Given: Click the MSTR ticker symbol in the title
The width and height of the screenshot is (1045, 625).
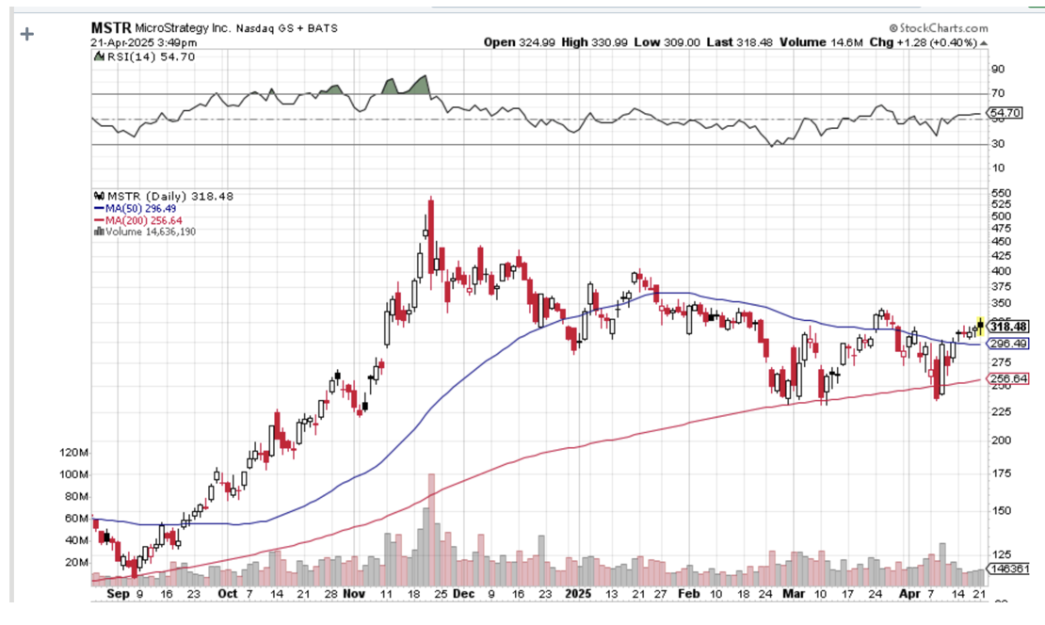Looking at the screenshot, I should [x=111, y=28].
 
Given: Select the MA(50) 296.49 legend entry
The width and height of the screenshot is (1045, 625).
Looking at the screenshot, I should [x=132, y=208].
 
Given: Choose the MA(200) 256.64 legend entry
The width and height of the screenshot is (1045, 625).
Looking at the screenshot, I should [x=135, y=220].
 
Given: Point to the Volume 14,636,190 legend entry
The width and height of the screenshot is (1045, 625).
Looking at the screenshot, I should [x=149, y=232].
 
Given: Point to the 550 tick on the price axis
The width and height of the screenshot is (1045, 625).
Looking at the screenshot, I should [x=1001, y=193].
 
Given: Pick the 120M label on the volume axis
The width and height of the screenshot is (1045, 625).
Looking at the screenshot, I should [x=72, y=453].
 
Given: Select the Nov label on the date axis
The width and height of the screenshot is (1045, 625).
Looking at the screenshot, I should [x=355, y=595].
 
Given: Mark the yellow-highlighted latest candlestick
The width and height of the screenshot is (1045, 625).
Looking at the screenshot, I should [x=980, y=326].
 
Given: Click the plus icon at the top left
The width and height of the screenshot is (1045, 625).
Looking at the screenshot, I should [x=27, y=34].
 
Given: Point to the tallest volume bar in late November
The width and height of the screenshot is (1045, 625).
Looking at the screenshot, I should [x=430, y=527].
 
